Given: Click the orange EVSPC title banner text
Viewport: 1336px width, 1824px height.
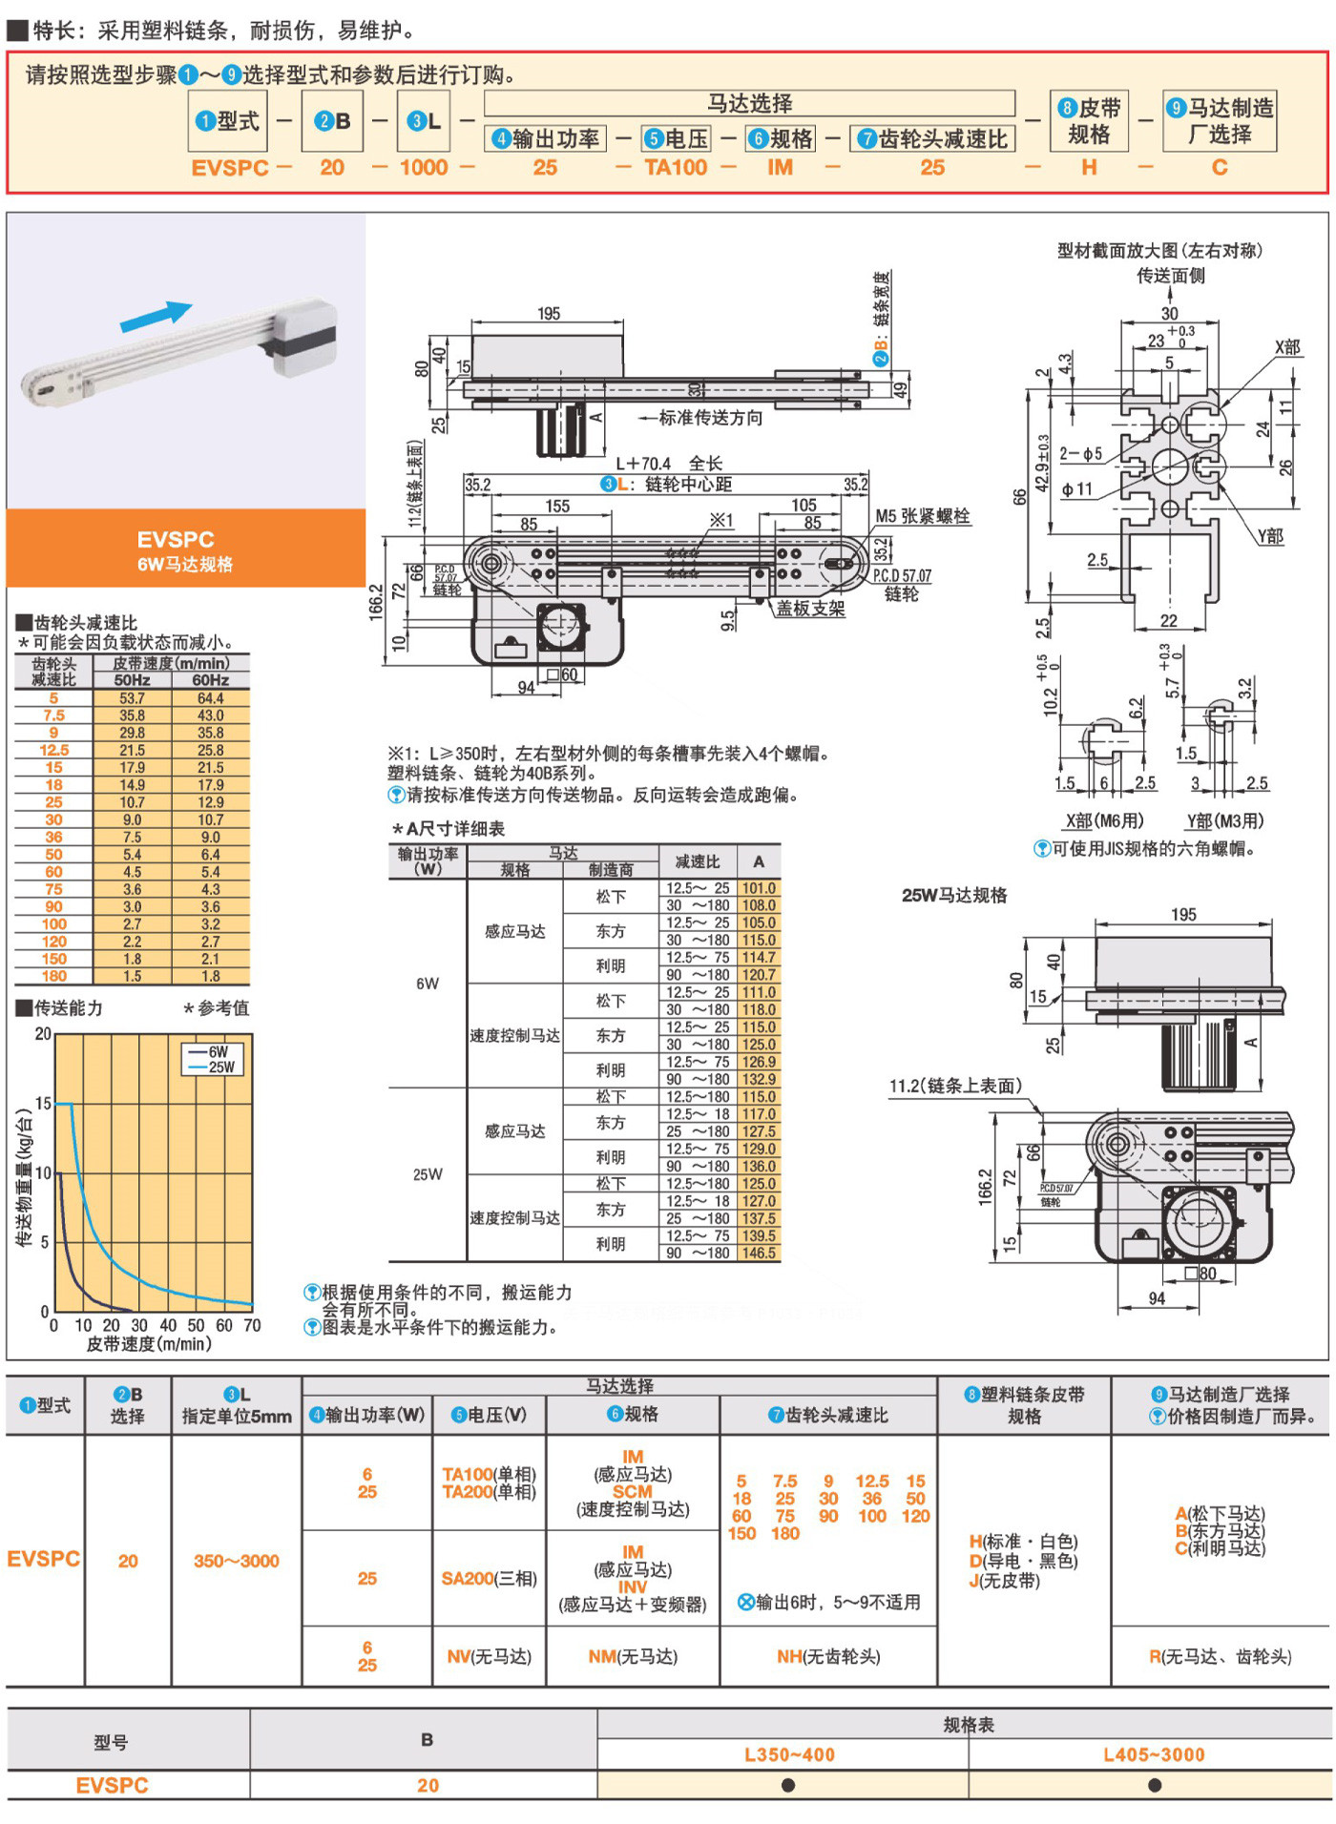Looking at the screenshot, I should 176,540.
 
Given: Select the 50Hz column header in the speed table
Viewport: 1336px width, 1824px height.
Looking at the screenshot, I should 132,680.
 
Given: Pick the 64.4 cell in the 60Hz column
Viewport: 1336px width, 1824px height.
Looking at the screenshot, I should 210,698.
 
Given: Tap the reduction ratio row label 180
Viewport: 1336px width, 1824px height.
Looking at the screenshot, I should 53,976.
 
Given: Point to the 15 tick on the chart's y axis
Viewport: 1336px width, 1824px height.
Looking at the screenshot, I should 43,1104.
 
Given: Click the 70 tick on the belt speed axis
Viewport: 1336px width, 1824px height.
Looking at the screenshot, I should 252,1325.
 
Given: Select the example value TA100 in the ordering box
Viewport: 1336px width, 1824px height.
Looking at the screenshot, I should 676,168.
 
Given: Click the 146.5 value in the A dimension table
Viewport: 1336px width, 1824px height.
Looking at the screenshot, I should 759,1254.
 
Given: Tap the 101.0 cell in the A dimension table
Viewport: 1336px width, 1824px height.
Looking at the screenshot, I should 759,888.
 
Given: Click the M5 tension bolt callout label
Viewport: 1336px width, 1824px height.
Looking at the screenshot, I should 922,516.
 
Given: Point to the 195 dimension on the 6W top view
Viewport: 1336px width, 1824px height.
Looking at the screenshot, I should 549,314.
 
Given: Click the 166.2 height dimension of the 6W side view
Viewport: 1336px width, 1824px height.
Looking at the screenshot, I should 375,601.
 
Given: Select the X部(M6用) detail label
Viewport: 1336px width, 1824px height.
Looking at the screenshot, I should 1104,821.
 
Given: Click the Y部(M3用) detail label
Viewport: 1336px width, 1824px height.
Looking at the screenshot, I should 1224,821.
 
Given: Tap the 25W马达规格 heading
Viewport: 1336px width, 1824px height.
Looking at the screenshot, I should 954,895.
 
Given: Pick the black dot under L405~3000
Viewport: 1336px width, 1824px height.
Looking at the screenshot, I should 1155,1785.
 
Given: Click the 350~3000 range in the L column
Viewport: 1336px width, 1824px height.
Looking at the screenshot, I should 236,1562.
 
